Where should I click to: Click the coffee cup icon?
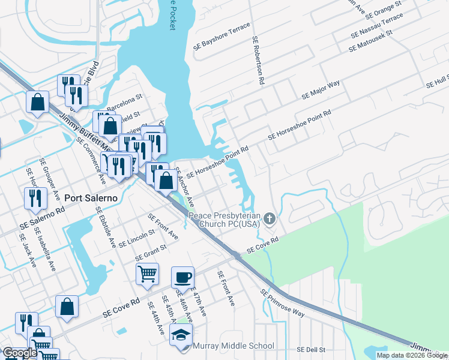[183, 277]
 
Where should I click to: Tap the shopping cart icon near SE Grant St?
[147, 274]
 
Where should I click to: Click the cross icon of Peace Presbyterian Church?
[270, 218]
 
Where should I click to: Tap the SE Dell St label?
[310, 349]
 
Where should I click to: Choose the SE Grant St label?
[151, 251]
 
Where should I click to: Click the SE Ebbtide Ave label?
[106, 227]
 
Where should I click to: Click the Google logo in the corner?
[19, 353]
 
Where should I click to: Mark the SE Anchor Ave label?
[184, 187]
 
